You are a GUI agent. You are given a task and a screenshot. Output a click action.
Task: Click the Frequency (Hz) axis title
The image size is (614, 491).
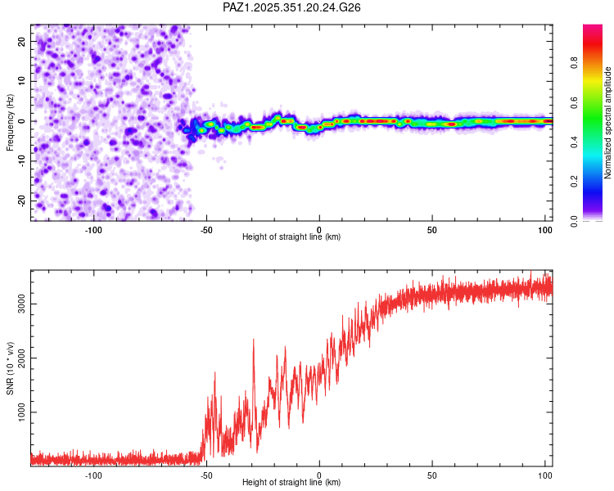click(x=10, y=123)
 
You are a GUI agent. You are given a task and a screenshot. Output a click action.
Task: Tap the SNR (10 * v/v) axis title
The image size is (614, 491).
click(x=10, y=367)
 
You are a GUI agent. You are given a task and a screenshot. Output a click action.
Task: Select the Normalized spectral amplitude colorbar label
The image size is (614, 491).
click(x=608, y=123)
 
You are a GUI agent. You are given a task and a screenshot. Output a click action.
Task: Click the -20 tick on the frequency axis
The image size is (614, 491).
click(x=22, y=200)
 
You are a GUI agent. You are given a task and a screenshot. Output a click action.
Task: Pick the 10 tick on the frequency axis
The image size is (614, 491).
click(x=22, y=81)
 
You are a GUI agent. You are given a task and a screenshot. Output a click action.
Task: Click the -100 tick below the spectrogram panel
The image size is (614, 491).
click(x=93, y=228)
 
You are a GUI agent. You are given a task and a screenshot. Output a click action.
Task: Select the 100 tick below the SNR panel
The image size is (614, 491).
click(x=545, y=474)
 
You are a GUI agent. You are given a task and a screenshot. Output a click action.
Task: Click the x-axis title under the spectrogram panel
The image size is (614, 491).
click(x=291, y=237)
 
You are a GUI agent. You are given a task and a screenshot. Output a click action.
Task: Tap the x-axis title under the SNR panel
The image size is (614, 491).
click(x=291, y=483)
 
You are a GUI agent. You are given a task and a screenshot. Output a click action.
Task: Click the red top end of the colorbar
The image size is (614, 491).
click(x=592, y=28)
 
